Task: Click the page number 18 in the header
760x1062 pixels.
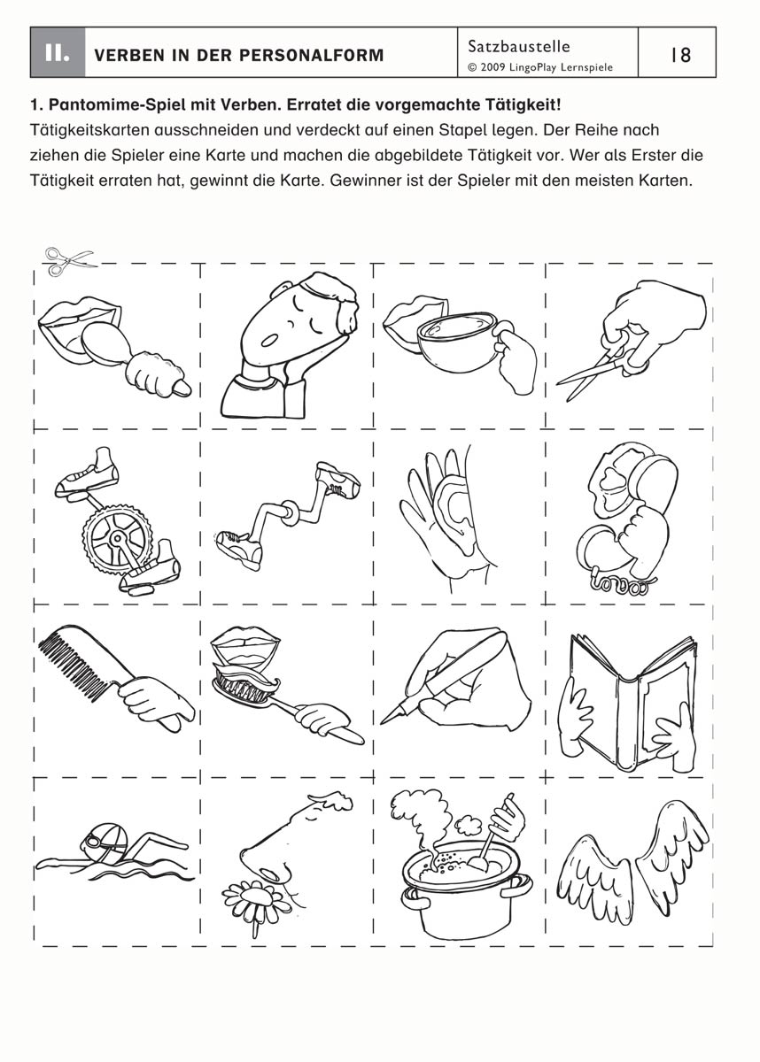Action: tap(681, 55)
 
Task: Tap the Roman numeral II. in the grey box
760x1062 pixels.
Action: tap(58, 54)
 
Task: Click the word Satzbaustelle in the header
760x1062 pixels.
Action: tap(518, 46)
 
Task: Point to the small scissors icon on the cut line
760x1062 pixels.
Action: tap(70, 260)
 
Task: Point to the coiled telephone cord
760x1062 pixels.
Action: tap(621, 586)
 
